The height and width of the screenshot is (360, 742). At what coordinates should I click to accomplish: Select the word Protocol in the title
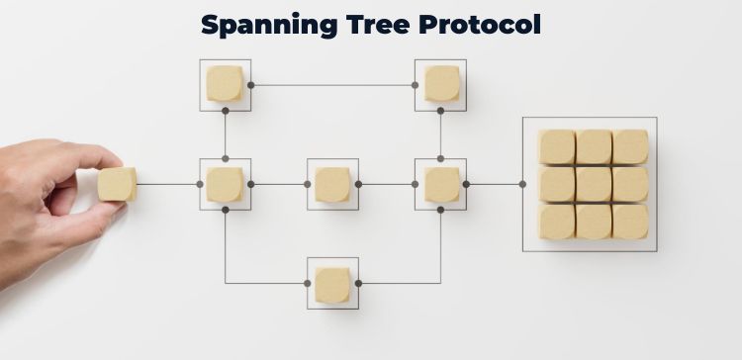(485, 24)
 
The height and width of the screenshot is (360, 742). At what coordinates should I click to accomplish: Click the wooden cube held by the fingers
(117, 183)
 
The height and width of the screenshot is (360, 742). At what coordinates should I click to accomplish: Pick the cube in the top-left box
(225, 84)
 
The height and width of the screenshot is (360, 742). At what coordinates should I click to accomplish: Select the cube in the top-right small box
(440, 84)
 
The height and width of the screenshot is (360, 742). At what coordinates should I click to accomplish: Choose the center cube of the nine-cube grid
(594, 184)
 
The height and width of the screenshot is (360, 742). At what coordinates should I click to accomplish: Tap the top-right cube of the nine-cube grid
(630, 146)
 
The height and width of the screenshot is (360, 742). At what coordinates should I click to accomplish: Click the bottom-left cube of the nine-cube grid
(557, 221)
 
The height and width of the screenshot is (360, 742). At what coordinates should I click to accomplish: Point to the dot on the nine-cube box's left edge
(522, 184)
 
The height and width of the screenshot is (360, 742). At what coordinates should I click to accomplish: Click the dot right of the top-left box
(250, 85)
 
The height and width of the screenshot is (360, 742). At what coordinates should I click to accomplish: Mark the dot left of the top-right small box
(415, 85)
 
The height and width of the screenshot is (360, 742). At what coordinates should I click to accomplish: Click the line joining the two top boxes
(332, 85)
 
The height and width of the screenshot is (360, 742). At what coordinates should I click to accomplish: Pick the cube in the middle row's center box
(332, 184)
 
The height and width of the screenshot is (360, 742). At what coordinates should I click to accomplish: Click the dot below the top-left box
(226, 158)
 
